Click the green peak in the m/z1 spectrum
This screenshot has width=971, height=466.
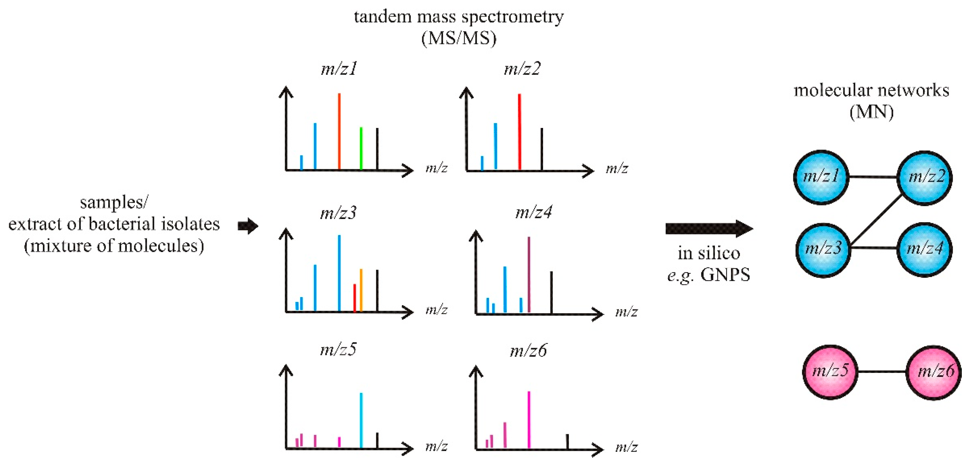(x=361, y=149)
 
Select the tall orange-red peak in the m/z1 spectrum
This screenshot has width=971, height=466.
(x=339, y=132)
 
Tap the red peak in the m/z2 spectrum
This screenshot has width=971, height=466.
(x=519, y=132)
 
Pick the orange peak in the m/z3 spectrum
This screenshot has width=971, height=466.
(x=361, y=290)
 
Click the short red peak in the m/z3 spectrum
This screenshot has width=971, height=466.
(x=354, y=298)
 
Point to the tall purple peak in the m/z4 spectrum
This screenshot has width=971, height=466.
(x=529, y=275)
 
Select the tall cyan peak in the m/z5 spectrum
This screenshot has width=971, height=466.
(x=361, y=420)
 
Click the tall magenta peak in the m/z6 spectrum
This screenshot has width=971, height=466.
(x=529, y=420)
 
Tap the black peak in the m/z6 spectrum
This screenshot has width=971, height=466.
(x=567, y=441)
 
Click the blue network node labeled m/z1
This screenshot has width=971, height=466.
(x=821, y=177)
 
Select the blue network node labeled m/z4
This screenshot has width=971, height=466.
(x=924, y=249)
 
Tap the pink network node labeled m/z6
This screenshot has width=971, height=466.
(x=934, y=373)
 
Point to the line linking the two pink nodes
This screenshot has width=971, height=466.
(x=882, y=372)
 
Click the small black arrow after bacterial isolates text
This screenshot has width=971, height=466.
(x=248, y=226)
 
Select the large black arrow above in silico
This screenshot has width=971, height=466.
(x=709, y=228)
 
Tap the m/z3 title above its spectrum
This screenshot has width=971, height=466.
(x=338, y=213)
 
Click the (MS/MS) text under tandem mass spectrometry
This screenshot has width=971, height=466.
(x=458, y=38)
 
